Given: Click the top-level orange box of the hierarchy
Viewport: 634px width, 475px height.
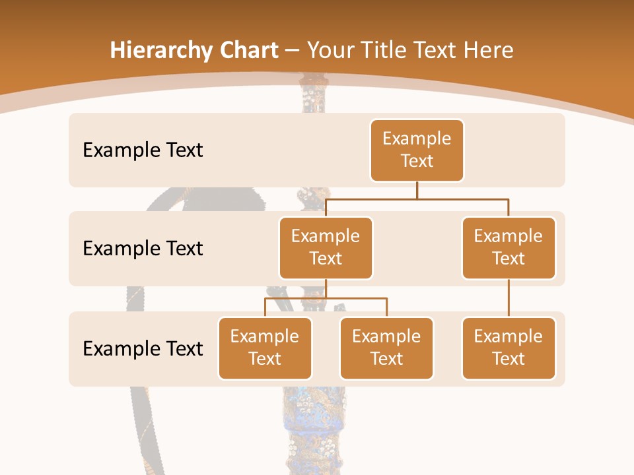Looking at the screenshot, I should click(417, 150).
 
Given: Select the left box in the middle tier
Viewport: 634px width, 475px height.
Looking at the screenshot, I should click(326, 248).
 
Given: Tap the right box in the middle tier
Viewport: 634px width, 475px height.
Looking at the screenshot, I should click(509, 248).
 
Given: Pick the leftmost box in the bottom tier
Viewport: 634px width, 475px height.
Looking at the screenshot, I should click(265, 348).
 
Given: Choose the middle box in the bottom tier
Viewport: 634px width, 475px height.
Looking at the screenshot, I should click(386, 348).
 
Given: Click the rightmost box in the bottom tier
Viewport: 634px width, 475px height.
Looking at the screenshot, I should click(509, 348).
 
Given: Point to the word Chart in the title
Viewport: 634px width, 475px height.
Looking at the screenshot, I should click(248, 51).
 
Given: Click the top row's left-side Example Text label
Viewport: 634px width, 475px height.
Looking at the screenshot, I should click(143, 150).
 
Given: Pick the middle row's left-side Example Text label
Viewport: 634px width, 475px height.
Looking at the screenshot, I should click(143, 249).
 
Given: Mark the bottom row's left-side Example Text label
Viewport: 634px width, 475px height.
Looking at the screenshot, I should click(143, 348).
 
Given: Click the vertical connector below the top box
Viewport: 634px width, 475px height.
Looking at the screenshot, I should click(417, 190).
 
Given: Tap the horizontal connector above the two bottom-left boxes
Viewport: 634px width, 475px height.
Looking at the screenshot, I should click(326, 298).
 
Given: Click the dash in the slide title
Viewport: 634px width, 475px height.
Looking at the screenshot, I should click(292, 51).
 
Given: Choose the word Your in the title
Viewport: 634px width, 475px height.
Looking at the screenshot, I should click(328, 51).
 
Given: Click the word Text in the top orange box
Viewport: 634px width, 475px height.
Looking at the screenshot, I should click(417, 162).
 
